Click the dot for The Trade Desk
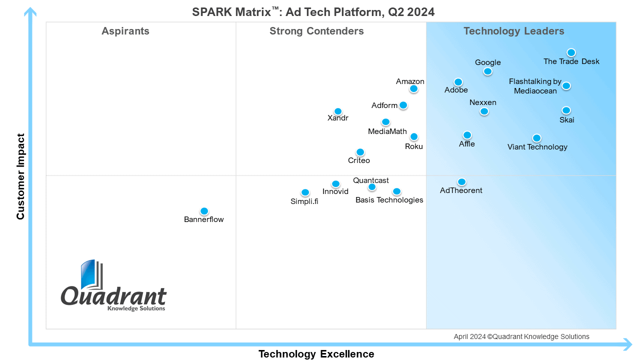coord(571,52)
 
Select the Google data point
coord(487,71)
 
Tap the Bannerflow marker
coord(204,211)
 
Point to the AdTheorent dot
coord(461,181)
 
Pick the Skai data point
coord(566,110)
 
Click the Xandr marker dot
coord(338,111)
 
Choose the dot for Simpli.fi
coord(305,192)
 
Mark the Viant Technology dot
coord(536,138)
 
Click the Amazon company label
coord(410,81)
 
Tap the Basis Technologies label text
coord(389,200)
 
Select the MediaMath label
coord(387,131)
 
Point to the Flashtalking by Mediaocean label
coord(535,86)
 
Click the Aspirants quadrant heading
coord(125,31)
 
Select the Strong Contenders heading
coord(316,31)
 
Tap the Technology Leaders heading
coord(513,31)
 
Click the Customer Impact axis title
coord(20,176)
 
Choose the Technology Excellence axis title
coord(316,354)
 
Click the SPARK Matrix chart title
coord(313,12)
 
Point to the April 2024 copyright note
coord(521,336)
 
